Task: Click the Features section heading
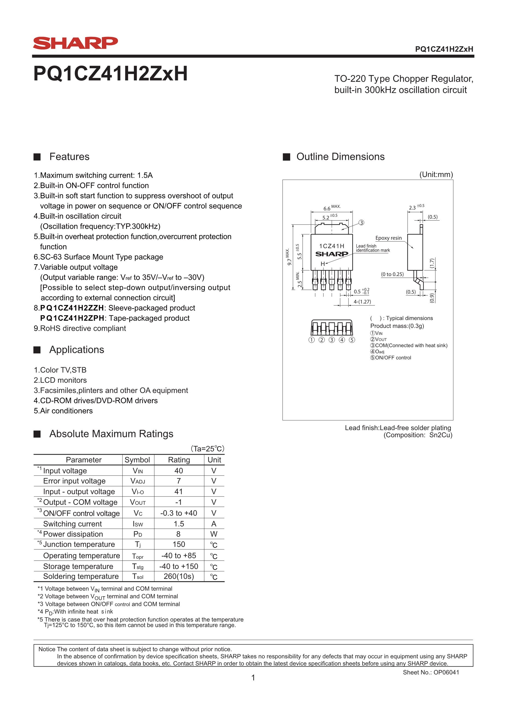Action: pos(69,157)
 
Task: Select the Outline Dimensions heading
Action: pos(340,157)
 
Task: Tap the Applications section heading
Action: pos(77,350)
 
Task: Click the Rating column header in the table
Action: pos(179,460)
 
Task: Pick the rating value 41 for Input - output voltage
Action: pos(178,491)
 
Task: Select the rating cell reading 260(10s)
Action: pos(179,576)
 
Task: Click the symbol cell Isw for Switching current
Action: pos(137,524)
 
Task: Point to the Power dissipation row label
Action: pos(73,534)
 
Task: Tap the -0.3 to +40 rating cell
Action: pos(179,513)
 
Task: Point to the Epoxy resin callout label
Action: pos(388,238)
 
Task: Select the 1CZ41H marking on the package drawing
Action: pos(331,246)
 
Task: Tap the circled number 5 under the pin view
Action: pos(352,340)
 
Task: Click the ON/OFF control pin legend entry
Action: pos(391,358)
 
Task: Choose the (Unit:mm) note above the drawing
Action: pos(436,174)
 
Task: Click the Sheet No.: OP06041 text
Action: pos(431,672)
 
